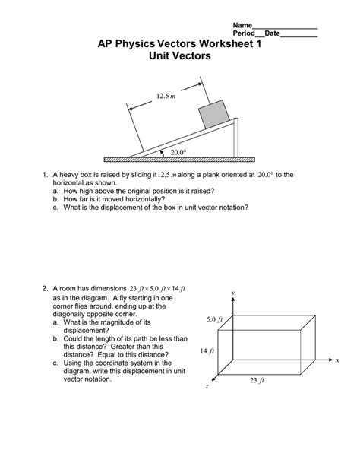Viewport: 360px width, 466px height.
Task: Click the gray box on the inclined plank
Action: point(214,114)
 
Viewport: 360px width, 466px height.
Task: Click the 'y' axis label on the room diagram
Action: point(235,292)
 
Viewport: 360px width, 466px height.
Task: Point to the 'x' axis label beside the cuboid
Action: point(337,360)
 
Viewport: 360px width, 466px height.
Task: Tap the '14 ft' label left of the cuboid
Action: point(207,350)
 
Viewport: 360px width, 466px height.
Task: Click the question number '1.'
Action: point(46,175)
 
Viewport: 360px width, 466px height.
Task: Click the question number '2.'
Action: point(46,289)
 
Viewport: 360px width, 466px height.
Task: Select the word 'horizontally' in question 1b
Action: point(144,198)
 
